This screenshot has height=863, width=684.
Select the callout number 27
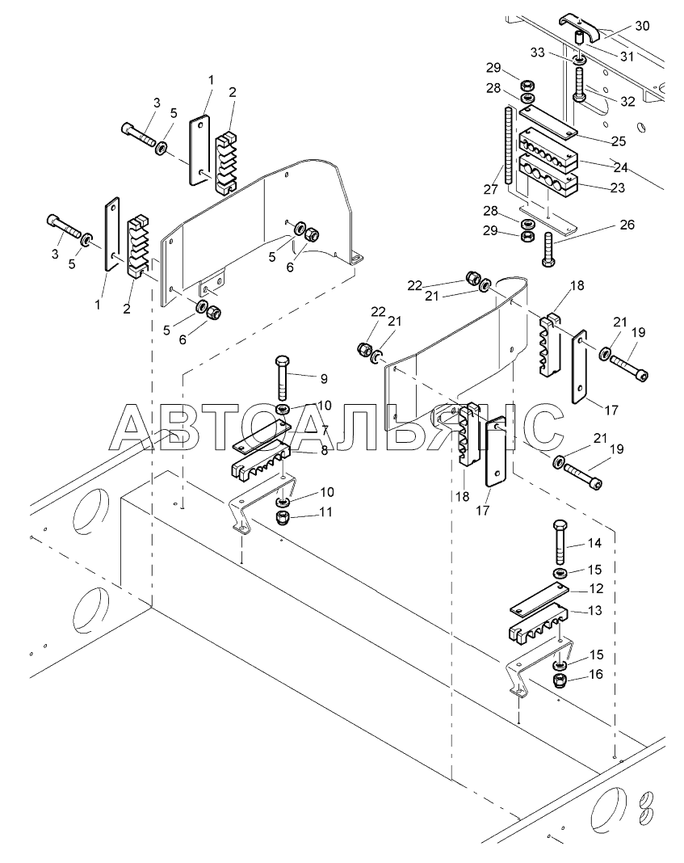tap(490, 189)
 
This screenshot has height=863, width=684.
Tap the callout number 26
tap(627, 225)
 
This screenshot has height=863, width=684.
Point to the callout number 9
tap(324, 378)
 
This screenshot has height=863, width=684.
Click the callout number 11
tap(325, 511)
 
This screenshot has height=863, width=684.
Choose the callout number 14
tap(594, 543)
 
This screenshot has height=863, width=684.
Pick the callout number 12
tap(596, 588)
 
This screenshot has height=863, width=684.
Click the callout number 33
tap(537, 52)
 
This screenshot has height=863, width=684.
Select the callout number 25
tap(619, 141)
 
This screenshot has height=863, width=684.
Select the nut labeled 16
tap(560, 680)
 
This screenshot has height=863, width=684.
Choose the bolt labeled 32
tap(581, 82)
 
